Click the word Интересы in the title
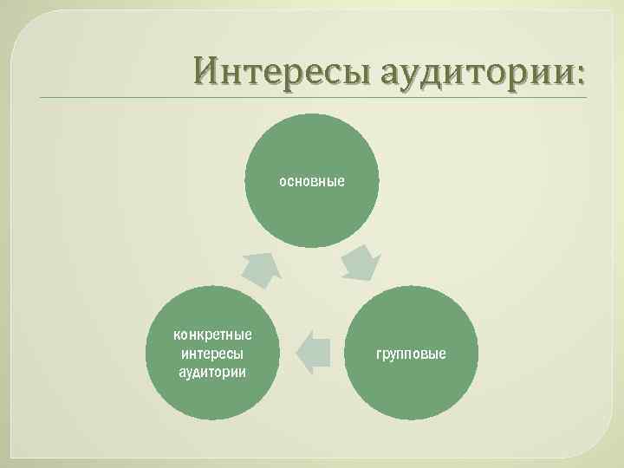272,68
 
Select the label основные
312,182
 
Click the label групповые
412,354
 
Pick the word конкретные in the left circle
212,335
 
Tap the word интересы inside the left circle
212,354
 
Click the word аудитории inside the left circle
212,372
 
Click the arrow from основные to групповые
361,263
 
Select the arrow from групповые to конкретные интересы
313,352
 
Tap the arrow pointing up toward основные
262,269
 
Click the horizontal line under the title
312,98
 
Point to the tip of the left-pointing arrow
298,352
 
